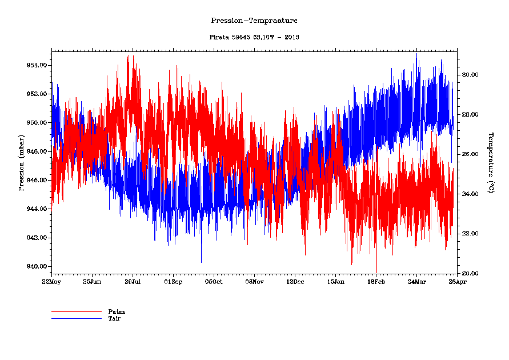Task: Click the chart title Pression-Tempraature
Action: [254, 21]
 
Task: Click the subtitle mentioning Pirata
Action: [254, 37]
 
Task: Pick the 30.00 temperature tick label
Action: [470, 75]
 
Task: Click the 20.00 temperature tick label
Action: [470, 273]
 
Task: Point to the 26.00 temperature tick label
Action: [470, 154]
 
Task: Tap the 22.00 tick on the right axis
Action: [470, 234]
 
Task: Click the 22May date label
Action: [51, 282]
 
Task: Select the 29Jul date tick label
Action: [133, 282]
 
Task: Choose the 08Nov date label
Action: [254, 282]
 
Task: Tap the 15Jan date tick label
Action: [335, 282]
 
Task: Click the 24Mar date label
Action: [416, 282]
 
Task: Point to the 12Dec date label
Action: [295, 282]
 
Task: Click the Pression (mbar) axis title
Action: [21, 163]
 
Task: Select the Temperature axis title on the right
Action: [490, 162]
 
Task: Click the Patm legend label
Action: [116, 311]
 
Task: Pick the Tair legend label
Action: [114, 318]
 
